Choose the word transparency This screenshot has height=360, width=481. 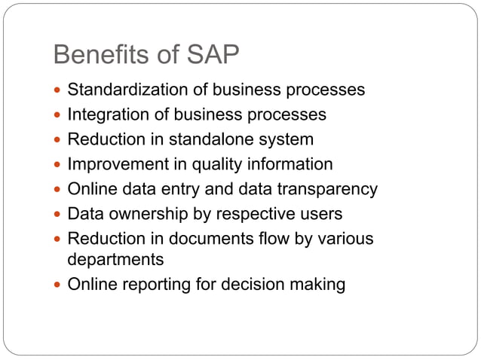tap(326, 189)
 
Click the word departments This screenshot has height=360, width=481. tap(115, 260)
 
